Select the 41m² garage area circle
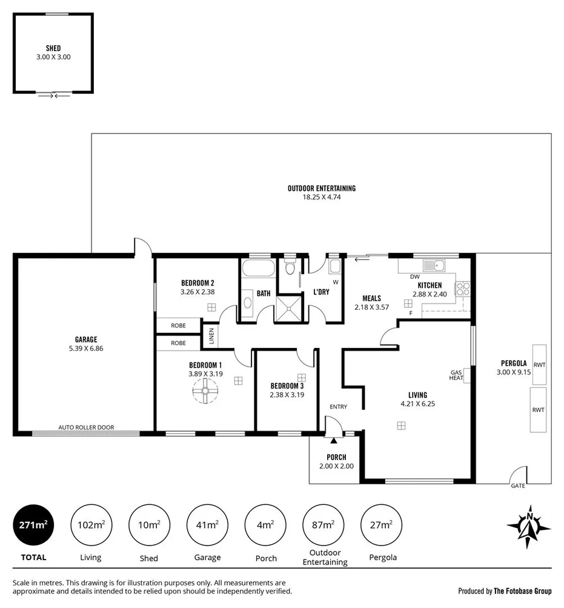[207, 525]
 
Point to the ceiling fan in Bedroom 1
[205, 395]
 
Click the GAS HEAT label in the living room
[456, 375]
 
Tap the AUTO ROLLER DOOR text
[85, 427]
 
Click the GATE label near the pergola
[518, 486]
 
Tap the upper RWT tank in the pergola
[539, 364]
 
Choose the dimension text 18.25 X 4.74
[321, 197]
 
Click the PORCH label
[336, 458]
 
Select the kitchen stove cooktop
[463, 289]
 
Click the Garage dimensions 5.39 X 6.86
[86, 349]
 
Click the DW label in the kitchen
[414, 277]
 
